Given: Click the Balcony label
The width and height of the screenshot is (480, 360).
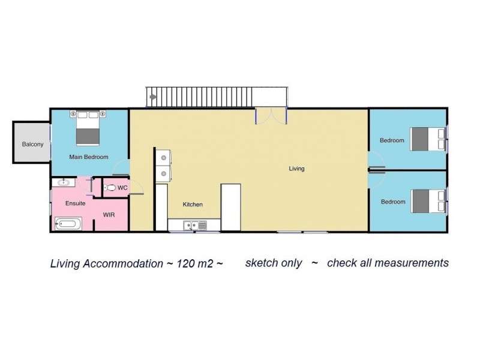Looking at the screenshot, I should click(x=32, y=144).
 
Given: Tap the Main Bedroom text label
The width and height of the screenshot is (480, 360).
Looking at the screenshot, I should click(x=88, y=157).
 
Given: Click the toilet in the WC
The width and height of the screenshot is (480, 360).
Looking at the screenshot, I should click(x=110, y=188).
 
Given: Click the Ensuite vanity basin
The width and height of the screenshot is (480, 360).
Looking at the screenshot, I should click(x=62, y=182).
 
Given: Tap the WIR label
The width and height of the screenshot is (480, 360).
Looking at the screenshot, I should click(x=109, y=214).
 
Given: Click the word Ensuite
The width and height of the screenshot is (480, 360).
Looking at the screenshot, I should click(x=75, y=203).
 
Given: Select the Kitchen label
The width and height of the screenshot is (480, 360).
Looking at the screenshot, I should click(x=193, y=205).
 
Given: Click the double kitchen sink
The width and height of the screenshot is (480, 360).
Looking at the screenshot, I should click(x=194, y=226).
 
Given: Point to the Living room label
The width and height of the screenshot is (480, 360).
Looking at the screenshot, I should click(x=296, y=169).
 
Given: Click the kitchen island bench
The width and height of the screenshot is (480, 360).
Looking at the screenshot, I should click(x=230, y=207).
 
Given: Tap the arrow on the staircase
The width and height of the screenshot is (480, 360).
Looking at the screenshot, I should click(x=154, y=96).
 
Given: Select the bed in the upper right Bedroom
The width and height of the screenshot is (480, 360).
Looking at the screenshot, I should click(x=426, y=139).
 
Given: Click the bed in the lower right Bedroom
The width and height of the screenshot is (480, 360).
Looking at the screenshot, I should click(x=426, y=201).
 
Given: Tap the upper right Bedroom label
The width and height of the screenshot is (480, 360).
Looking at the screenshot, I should click(x=392, y=140).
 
